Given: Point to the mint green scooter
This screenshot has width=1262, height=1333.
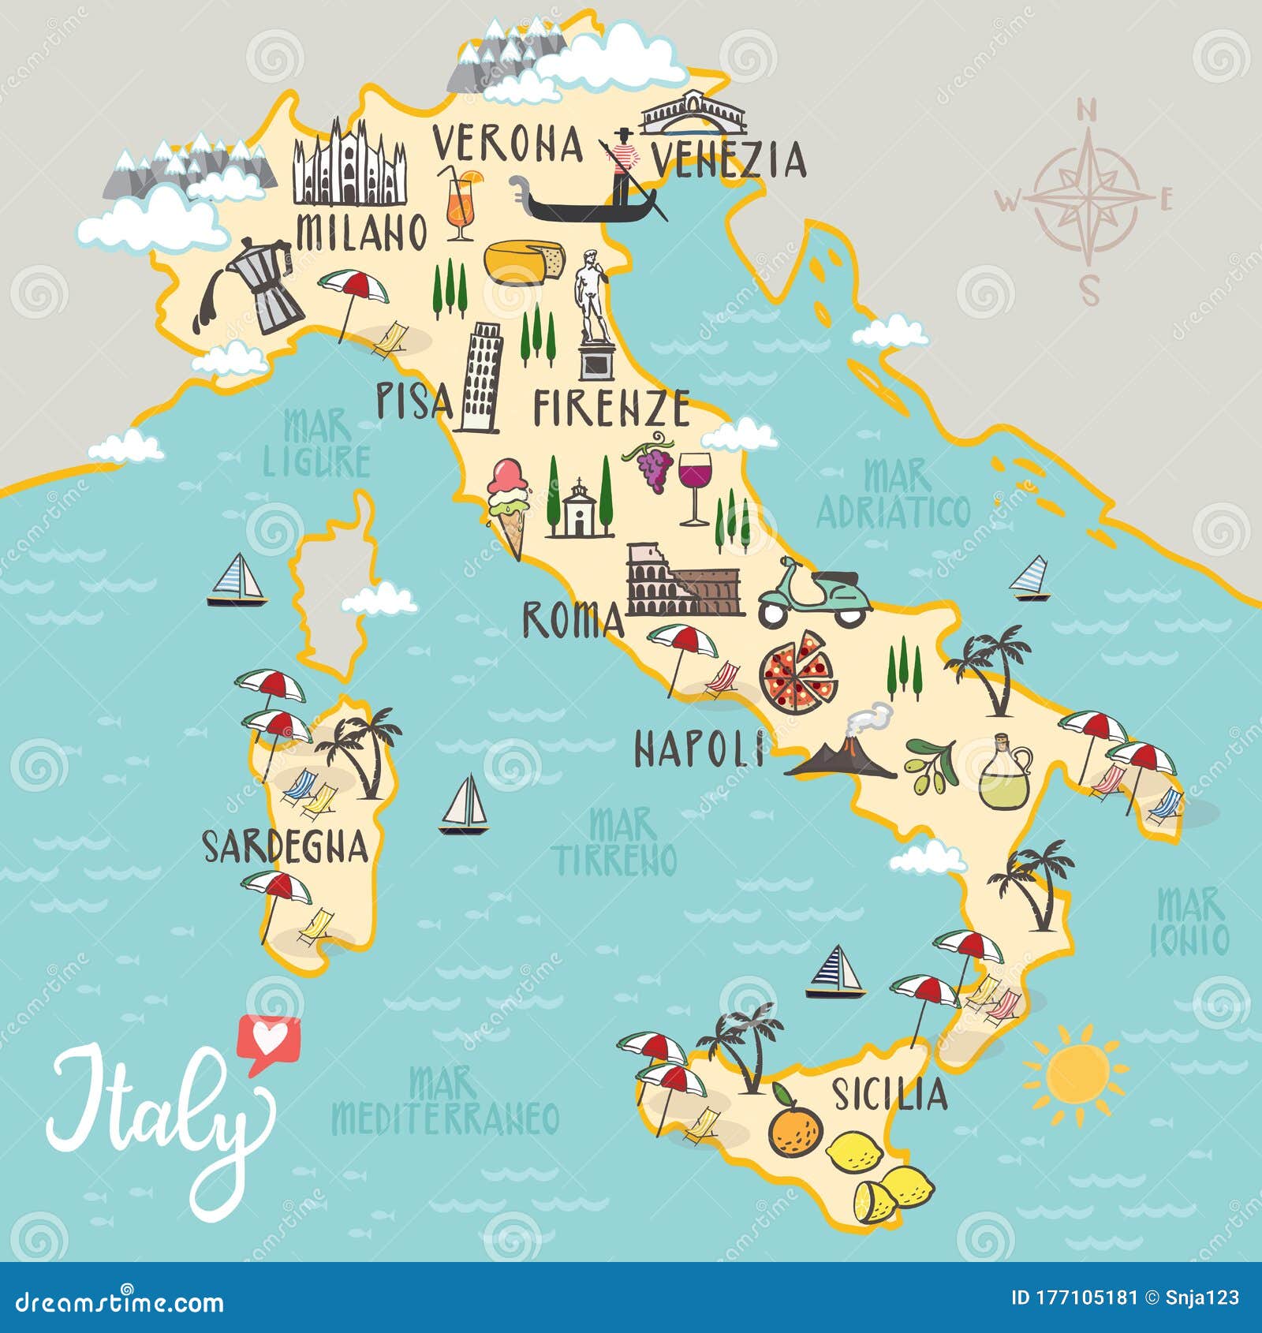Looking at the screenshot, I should [x=814, y=595].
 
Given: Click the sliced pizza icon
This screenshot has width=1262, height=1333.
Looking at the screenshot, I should [x=798, y=672].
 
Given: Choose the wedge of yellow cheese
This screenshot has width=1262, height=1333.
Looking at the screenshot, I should [x=525, y=261].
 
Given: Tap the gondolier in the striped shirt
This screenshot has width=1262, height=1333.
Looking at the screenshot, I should [x=621, y=170].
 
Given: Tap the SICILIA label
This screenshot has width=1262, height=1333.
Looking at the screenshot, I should [x=889, y=1094].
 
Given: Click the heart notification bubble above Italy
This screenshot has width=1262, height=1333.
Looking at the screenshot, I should [x=268, y=1040].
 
